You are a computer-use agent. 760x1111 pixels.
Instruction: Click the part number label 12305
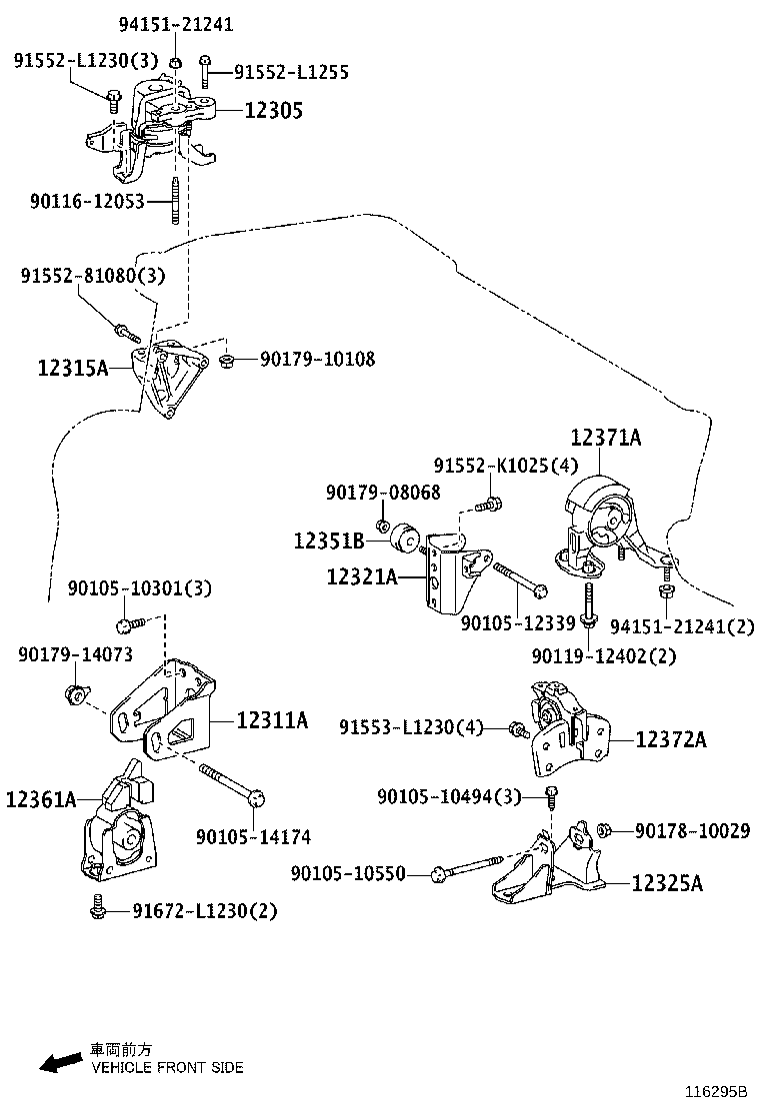pos(274,110)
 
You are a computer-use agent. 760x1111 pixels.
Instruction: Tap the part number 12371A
pos(606,437)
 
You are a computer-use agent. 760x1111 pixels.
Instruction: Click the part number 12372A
pos(671,739)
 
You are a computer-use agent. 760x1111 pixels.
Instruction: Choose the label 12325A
pos(667,883)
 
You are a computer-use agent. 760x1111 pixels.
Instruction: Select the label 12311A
pos(272,719)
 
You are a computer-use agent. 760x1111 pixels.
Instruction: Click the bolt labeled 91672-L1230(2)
pos(98,908)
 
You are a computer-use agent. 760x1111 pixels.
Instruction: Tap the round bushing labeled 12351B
pos(406,537)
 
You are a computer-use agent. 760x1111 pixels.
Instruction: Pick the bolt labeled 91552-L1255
pos(205,69)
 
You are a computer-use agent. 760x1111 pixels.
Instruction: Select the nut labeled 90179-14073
pos(73,691)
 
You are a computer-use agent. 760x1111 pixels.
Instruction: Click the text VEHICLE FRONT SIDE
pos(167,1067)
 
